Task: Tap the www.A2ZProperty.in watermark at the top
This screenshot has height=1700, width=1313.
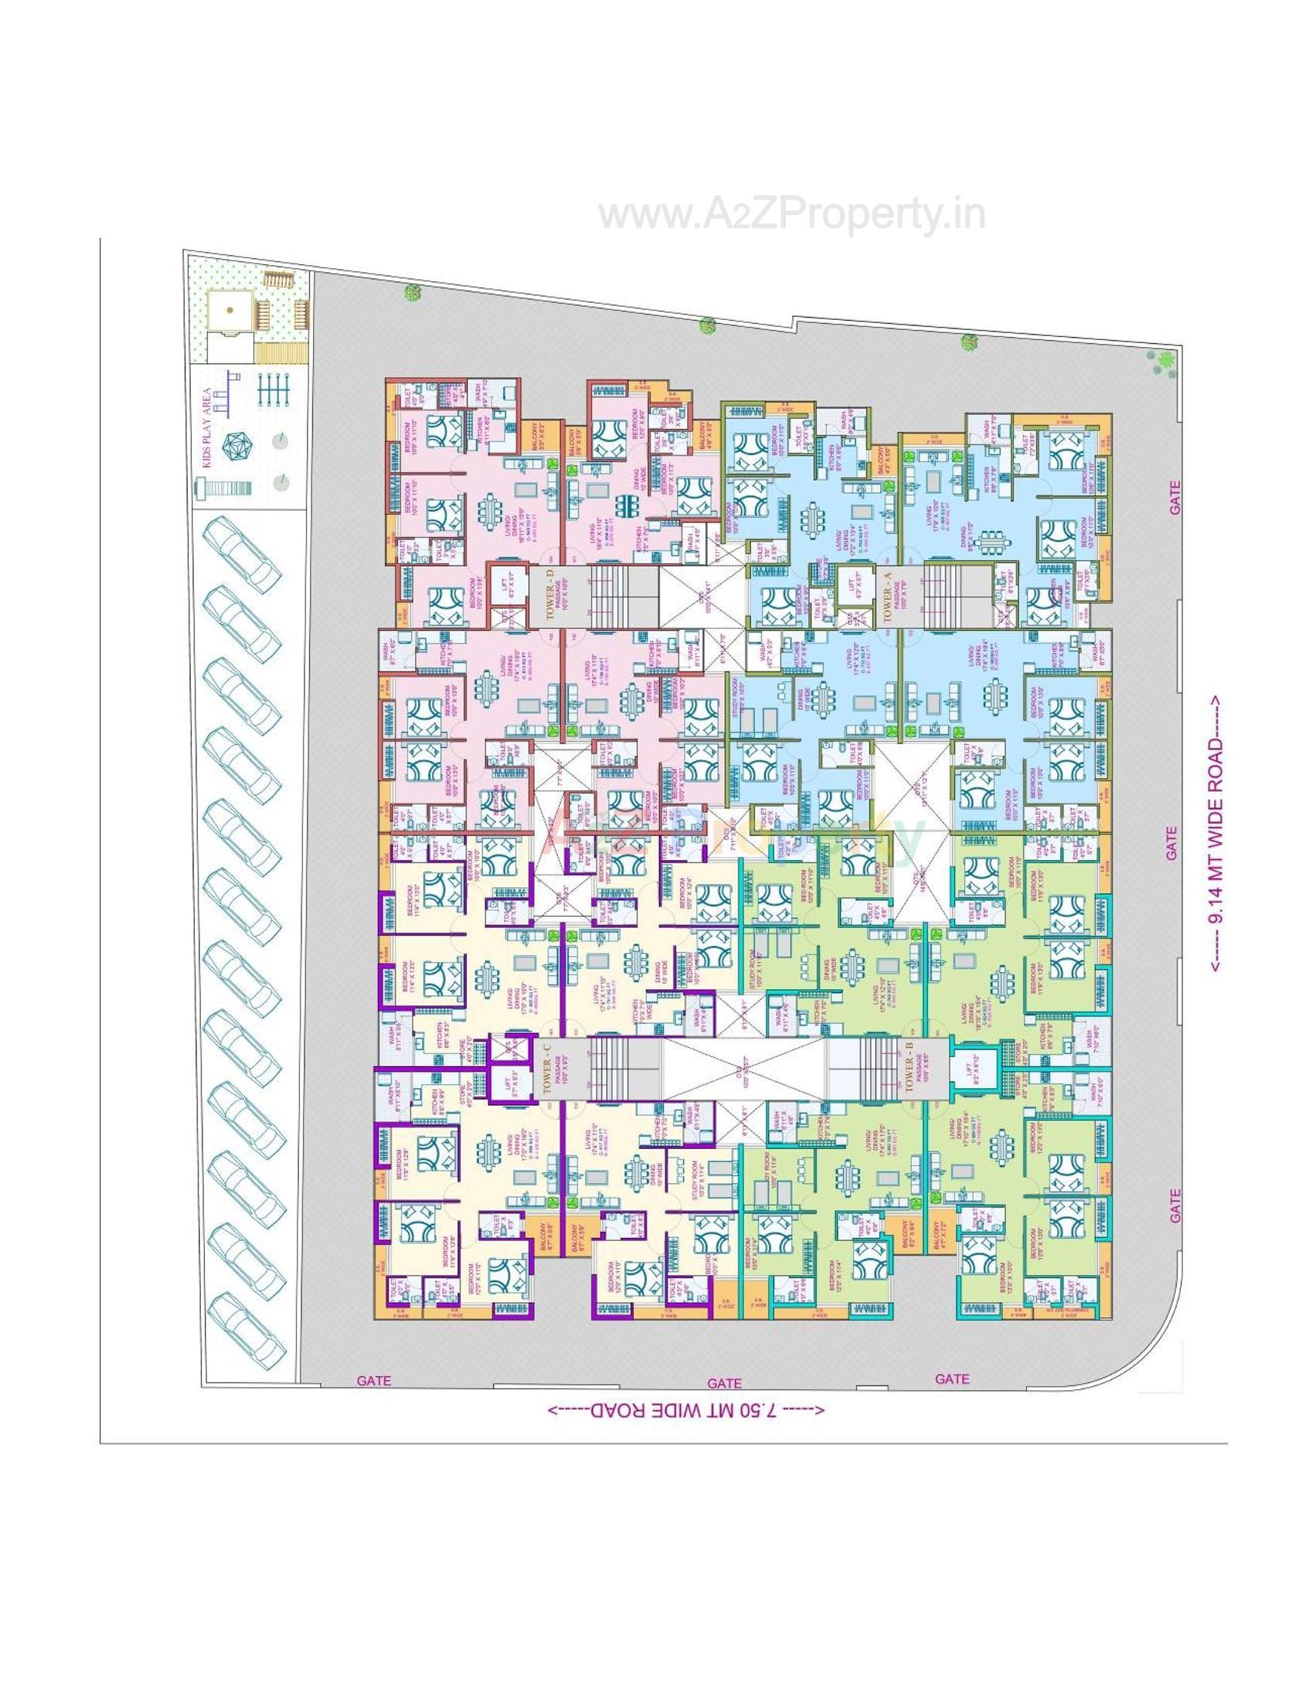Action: [791, 214]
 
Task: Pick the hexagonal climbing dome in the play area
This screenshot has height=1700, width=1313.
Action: [233, 446]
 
